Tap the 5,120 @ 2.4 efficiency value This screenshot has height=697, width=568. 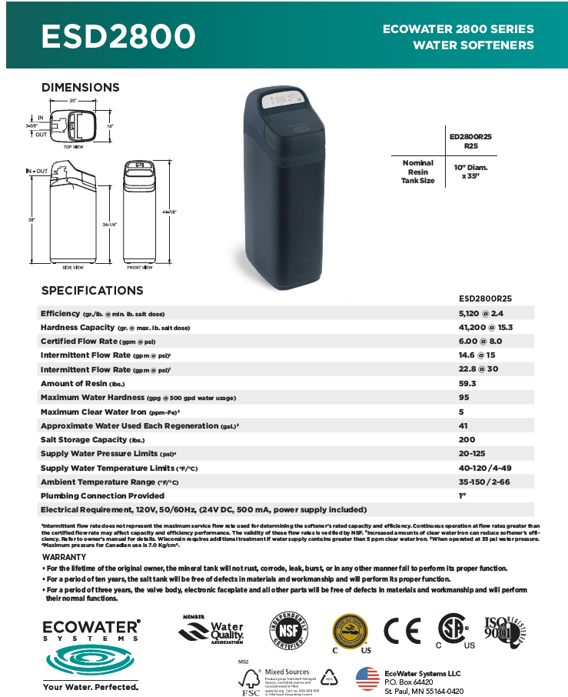point(480,314)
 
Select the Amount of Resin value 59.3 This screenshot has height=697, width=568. point(467,383)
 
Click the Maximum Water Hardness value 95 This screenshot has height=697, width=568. point(463,397)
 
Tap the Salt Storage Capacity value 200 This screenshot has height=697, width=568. point(466,439)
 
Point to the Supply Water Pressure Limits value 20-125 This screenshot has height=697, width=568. point(471,453)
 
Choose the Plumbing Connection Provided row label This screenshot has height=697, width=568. point(102,495)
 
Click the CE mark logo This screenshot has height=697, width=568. point(402,632)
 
